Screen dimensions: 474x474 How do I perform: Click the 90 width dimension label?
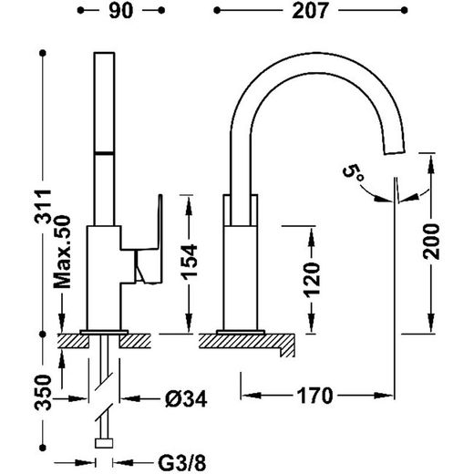[121, 11]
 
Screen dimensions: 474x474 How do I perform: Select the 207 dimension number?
[310, 11]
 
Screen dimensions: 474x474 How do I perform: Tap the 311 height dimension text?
[43, 207]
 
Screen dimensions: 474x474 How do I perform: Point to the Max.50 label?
[62, 252]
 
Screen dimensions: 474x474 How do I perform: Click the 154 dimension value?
[189, 262]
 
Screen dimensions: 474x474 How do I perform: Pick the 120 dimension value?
[312, 280]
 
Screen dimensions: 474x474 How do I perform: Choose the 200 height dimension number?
[431, 242]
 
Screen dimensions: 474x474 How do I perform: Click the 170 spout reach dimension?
[314, 396]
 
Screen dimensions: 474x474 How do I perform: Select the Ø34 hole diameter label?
[186, 398]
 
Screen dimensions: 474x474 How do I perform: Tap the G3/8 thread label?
[182, 463]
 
